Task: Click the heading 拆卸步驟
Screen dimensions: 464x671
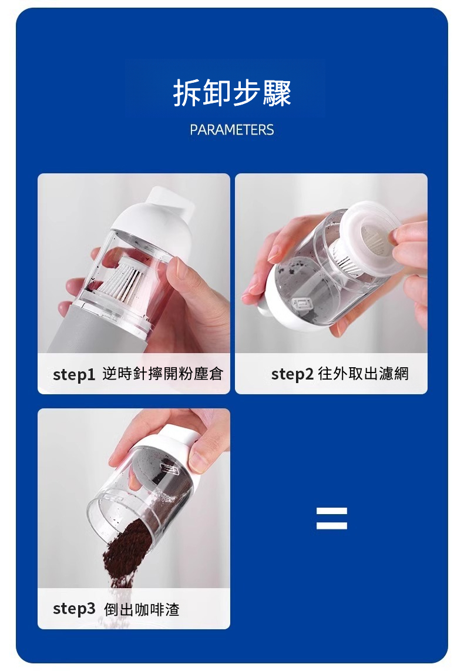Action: click(232, 93)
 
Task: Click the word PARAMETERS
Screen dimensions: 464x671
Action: click(232, 130)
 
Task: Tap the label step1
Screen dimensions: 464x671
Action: click(73, 374)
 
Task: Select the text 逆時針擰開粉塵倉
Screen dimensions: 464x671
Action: click(163, 374)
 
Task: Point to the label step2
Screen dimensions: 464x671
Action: click(292, 374)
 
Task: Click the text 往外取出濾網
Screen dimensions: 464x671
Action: click(364, 374)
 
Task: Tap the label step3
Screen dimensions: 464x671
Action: click(74, 609)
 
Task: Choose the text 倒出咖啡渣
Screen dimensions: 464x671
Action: click(142, 609)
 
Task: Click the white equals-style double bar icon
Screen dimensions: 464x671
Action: click(331, 518)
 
